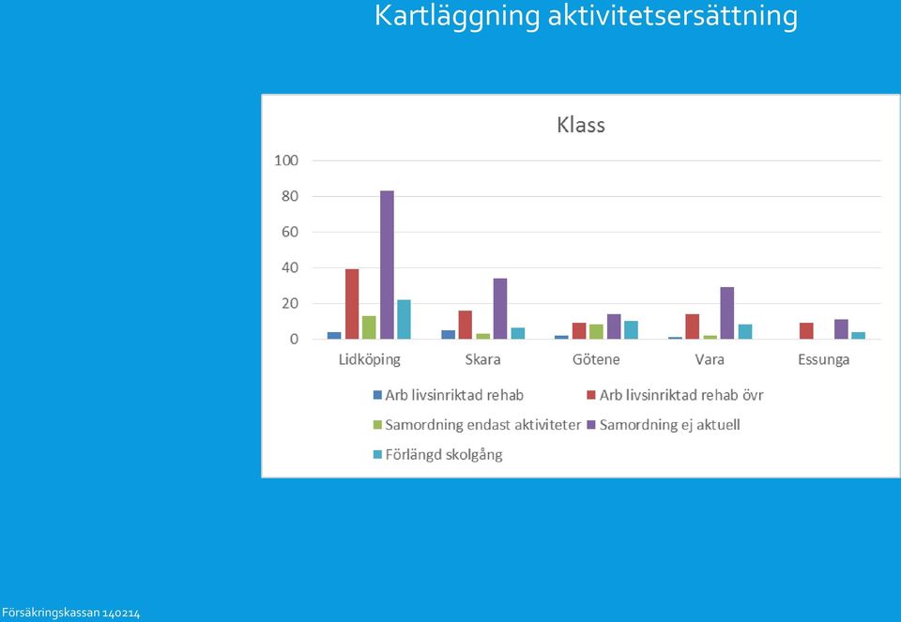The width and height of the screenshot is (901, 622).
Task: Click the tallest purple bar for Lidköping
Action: click(387, 265)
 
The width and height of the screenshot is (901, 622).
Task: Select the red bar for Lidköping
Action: click(352, 304)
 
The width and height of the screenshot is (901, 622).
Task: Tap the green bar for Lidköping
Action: click(369, 327)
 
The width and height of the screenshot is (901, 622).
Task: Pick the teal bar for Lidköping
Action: click(404, 319)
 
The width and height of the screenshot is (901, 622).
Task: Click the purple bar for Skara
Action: click(500, 309)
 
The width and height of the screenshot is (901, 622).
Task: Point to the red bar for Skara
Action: click(466, 325)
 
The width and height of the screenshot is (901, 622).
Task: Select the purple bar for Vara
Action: click(726, 313)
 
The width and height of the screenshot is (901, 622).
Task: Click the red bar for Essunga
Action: click(806, 331)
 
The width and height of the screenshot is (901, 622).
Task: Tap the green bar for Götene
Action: click(597, 331)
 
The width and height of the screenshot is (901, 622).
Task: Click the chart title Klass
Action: click(581, 125)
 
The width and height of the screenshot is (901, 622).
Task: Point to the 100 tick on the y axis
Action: click(286, 160)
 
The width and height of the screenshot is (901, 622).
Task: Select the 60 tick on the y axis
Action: click(290, 232)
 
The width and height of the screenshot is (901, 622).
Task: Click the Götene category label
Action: click(596, 359)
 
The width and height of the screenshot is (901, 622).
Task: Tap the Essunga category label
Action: click(823, 359)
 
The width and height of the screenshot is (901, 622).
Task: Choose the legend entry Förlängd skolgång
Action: click(438, 455)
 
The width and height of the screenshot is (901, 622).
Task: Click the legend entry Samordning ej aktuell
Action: click(664, 425)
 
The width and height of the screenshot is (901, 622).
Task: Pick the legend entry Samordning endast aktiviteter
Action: click(477, 425)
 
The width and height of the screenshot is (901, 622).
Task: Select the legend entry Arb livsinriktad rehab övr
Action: click(675, 395)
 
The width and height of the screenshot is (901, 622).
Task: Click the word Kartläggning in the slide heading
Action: click(457, 16)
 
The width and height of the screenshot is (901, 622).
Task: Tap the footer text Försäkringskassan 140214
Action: click(70, 614)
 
